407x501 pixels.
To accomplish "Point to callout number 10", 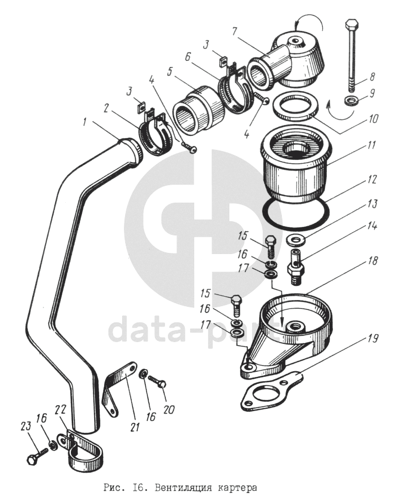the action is point(373,118).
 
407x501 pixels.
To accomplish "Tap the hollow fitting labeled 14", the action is point(296,266).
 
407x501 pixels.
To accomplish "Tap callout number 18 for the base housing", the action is point(373,261).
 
